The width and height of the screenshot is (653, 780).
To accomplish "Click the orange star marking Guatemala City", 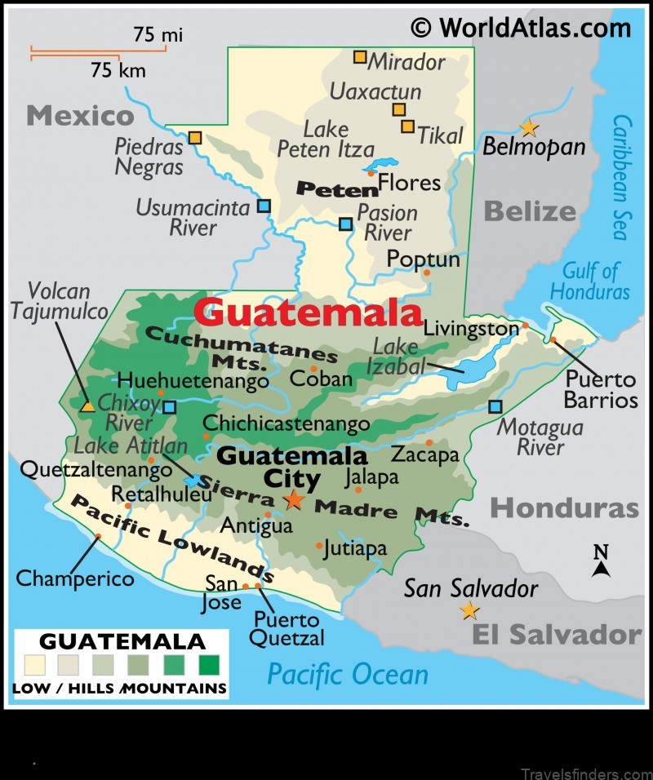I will [x=293, y=499].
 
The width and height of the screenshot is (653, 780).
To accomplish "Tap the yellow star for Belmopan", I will [x=529, y=127].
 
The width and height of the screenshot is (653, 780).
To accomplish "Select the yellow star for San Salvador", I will [x=469, y=610].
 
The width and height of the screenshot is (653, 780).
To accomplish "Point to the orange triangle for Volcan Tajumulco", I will [x=87, y=405].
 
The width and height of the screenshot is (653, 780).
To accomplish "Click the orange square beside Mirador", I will [x=360, y=57].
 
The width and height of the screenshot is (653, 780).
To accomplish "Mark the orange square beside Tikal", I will [x=407, y=126].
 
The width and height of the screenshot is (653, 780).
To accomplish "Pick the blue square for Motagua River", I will [x=495, y=406].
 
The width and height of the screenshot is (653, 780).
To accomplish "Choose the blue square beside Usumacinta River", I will [x=264, y=206].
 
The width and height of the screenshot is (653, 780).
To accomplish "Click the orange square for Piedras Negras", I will [x=194, y=138].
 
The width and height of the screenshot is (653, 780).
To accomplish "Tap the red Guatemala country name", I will [x=309, y=312].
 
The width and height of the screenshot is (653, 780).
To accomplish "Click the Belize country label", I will [x=530, y=212].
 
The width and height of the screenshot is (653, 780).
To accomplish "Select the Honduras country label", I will [x=564, y=508].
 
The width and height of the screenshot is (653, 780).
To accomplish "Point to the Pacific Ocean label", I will [x=348, y=674].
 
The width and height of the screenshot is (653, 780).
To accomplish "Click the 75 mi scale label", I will [x=158, y=34].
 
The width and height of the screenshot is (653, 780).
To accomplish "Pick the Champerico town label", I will [x=75, y=578].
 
